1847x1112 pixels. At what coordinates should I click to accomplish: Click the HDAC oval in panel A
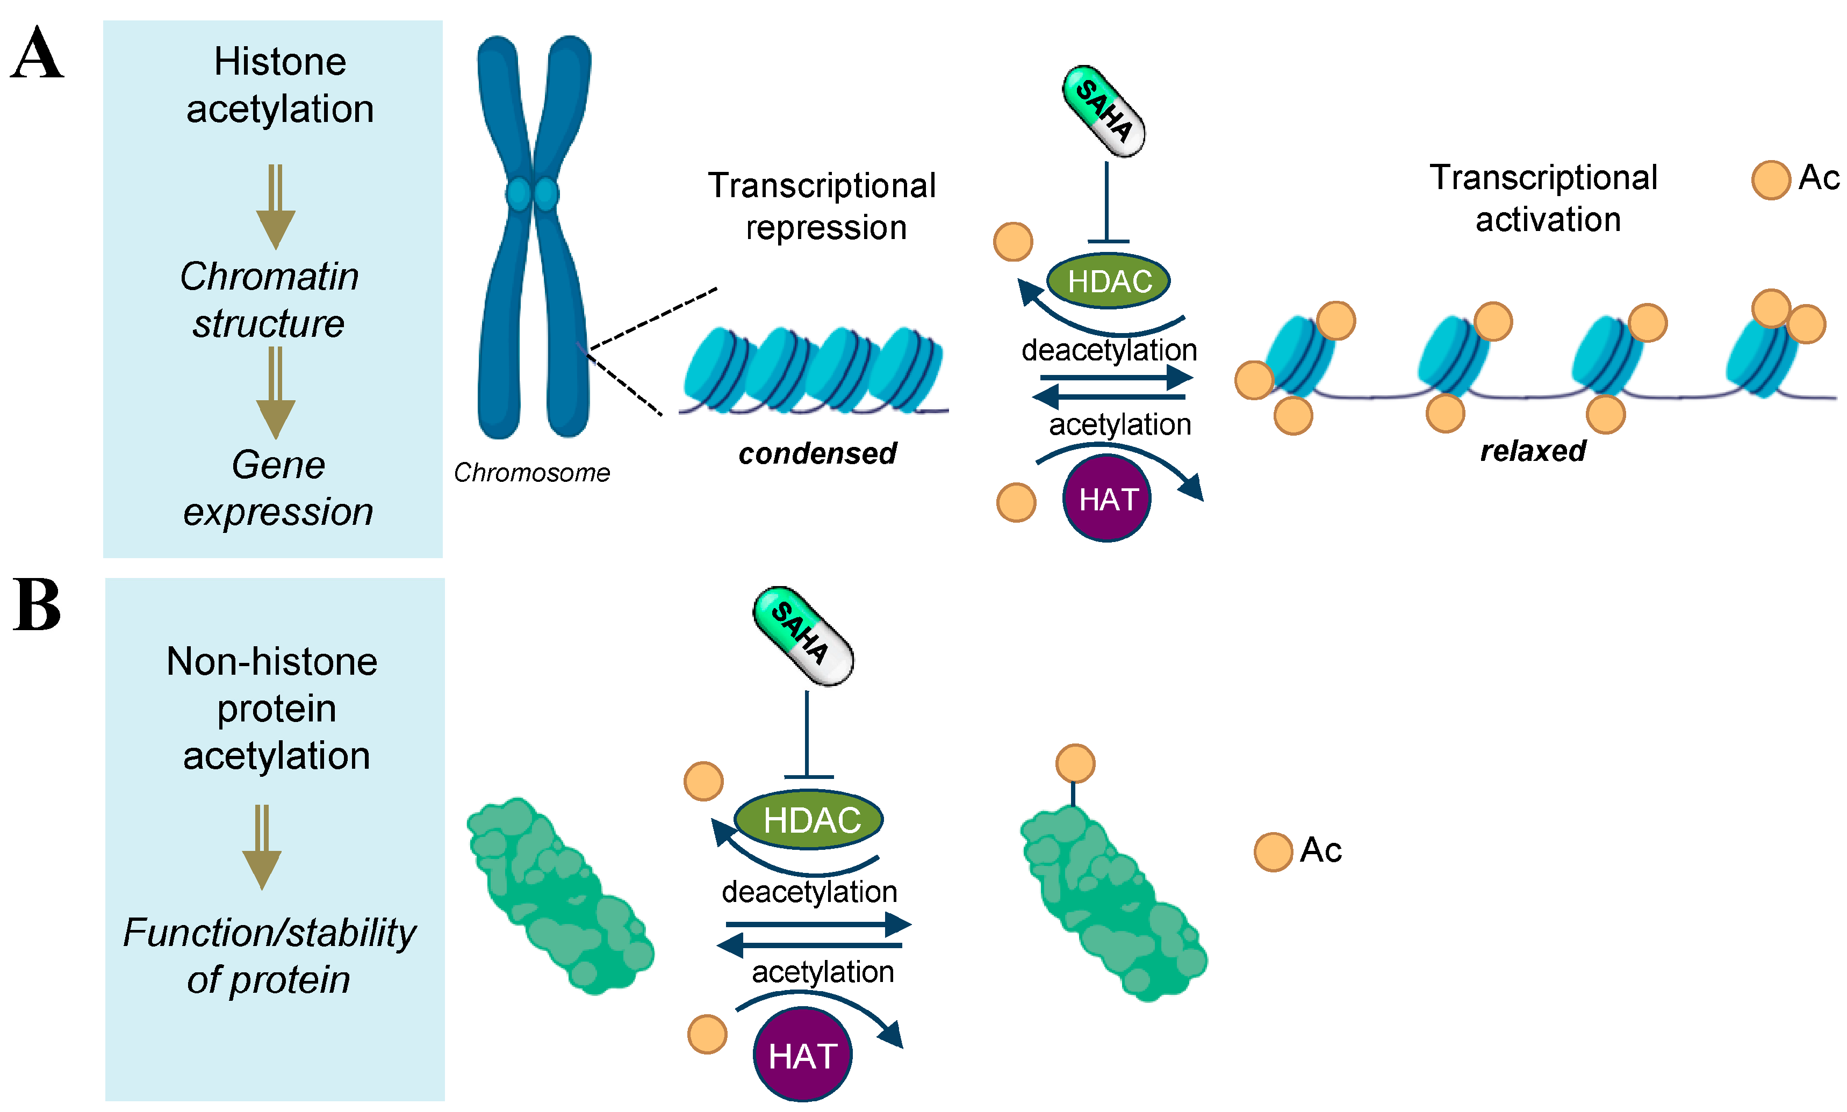[1108, 281]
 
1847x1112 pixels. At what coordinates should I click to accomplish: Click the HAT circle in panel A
[1106, 499]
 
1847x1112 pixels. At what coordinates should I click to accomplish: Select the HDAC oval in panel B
[809, 820]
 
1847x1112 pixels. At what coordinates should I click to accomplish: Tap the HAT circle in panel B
[802, 1056]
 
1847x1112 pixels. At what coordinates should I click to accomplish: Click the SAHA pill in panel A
[1103, 112]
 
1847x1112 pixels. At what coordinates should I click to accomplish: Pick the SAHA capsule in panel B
[803, 636]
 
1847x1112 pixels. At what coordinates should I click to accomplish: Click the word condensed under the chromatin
[817, 454]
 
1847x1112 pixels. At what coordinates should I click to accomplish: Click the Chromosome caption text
[531, 473]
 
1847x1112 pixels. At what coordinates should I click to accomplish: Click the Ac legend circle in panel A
[1771, 180]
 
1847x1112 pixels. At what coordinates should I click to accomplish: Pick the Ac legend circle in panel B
[1273, 852]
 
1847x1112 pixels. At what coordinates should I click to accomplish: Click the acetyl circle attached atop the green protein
[1075, 763]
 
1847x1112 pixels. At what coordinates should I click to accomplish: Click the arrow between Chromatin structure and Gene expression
[275, 393]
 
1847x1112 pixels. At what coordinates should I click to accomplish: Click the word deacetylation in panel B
[809, 892]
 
